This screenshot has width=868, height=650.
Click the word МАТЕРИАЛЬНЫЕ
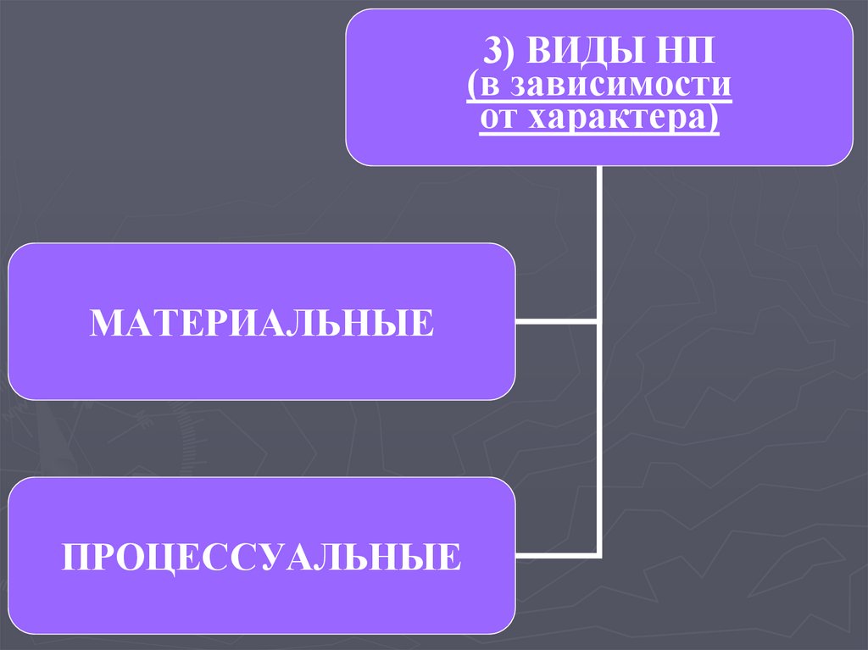point(262,323)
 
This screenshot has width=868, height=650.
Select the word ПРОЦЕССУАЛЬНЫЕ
point(262,557)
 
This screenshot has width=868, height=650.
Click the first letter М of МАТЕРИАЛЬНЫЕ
point(105,323)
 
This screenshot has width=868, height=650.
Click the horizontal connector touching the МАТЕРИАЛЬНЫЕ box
point(556,322)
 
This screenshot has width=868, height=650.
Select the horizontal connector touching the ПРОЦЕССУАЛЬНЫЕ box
point(556,556)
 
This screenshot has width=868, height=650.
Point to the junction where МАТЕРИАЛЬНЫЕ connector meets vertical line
point(599,322)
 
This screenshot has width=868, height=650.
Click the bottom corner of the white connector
point(599,556)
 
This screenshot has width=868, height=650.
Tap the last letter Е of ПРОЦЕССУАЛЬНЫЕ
point(452,557)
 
